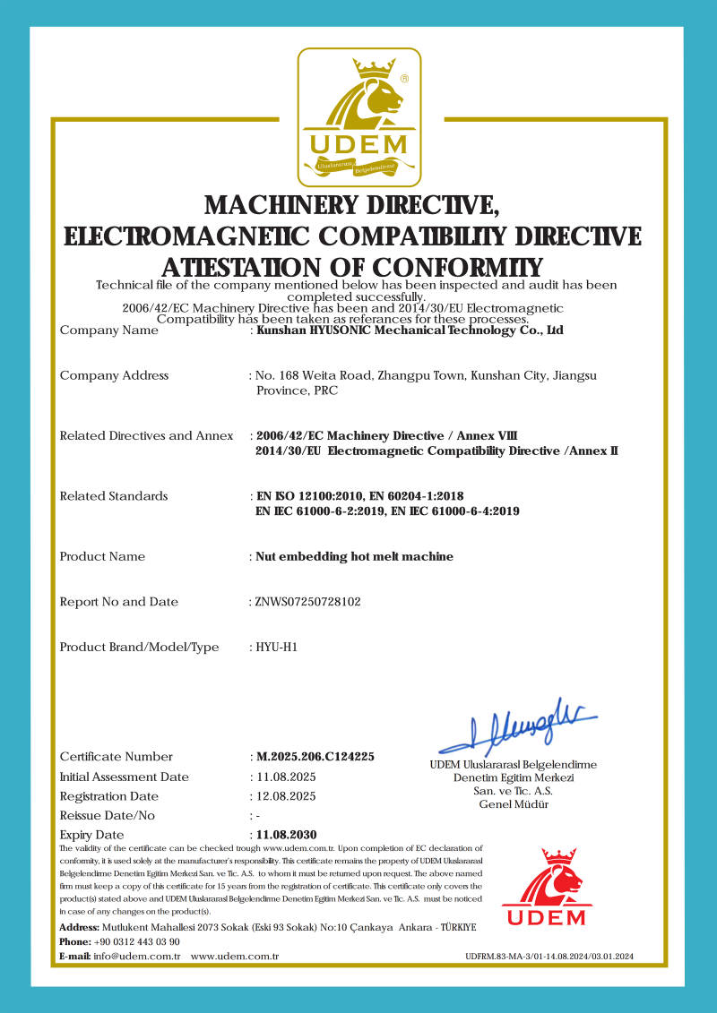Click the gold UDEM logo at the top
(358, 114)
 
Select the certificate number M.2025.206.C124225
(315, 757)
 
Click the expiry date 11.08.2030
(287, 835)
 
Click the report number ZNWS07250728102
(308, 602)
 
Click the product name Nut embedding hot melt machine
(355, 556)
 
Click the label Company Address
(114, 375)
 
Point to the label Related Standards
(113, 496)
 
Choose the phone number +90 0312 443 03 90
(136, 941)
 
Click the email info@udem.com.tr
(137, 957)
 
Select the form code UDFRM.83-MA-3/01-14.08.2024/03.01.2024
(549, 957)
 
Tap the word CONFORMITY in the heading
(457, 267)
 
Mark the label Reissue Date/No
(107, 816)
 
